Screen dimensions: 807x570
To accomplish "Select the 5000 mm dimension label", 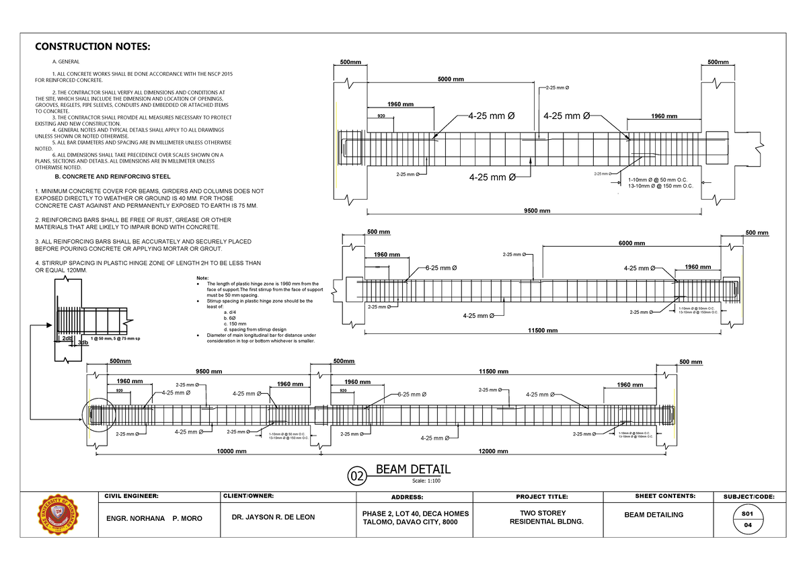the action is click(x=451, y=79).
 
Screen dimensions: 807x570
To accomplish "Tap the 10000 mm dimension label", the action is click(x=231, y=451).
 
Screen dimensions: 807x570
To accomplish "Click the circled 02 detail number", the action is click(x=356, y=477).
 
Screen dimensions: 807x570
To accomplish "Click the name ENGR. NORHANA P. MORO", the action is click(x=150, y=519).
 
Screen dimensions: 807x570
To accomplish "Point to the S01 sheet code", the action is click(x=747, y=512).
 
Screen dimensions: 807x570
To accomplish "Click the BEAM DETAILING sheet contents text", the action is click(x=654, y=514).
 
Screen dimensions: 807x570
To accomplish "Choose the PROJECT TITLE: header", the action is click(x=541, y=497).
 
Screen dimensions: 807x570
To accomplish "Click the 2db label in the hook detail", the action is click(x=67, y=338).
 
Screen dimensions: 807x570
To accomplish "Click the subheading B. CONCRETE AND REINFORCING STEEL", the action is click(x=112, y=177).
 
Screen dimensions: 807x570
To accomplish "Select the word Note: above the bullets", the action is click(x=202, y=278).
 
